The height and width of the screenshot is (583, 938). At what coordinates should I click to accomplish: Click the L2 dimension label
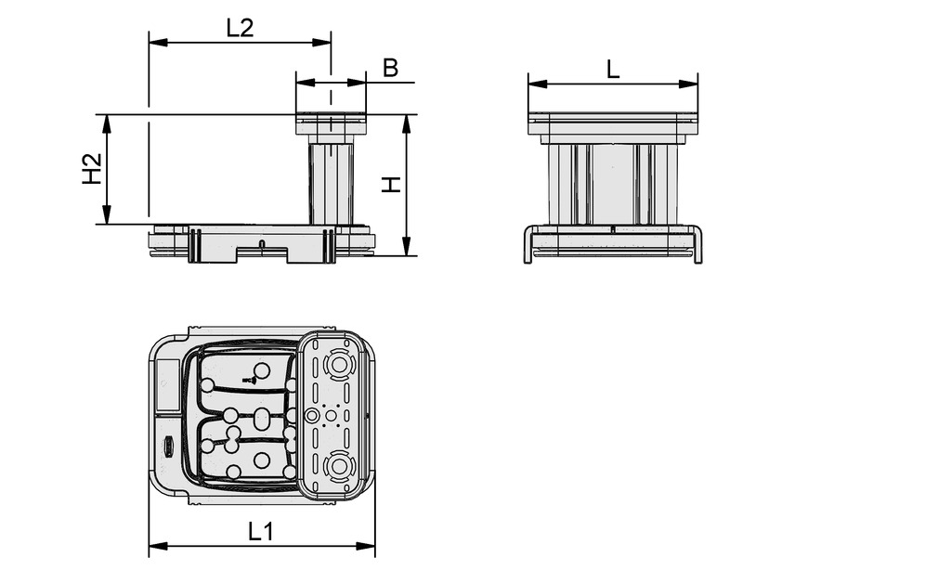pyautogui.click(x=240, y=28)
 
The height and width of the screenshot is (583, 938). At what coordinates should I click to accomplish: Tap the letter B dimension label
pyautogui.click(x=391, y=68)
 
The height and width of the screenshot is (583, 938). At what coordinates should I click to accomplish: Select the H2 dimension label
pyautogui.click(x=92, y=169)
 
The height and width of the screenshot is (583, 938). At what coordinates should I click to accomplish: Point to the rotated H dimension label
pyautogui.click(x=393, y=185)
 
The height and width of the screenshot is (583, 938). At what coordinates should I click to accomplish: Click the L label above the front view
pyautogui.click(x=613, y=69)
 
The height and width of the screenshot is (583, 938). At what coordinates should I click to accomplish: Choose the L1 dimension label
pyautogui.click(x=261, y=531)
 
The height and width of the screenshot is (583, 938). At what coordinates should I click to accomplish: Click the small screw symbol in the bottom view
pyautogui.click(x=248, y=380)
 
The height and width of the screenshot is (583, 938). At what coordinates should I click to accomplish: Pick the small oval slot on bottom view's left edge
pyautogui.click(x=169, y=445)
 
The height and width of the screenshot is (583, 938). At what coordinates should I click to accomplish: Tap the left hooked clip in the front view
pyautogui.click(x=528, y=244)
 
